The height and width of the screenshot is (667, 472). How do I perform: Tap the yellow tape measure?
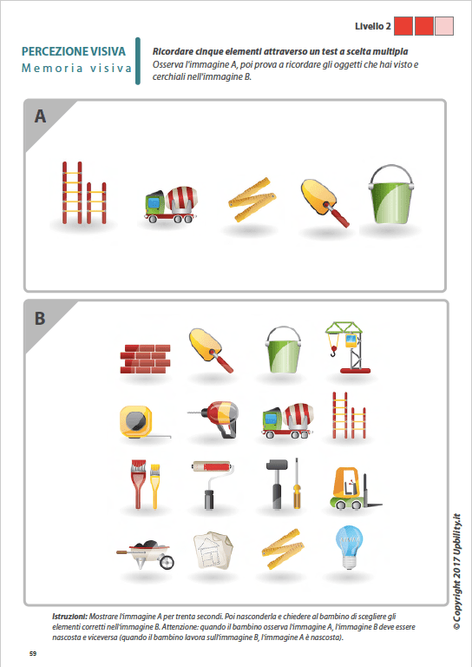(138, 421)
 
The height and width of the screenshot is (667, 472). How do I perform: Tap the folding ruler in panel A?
(251, 195)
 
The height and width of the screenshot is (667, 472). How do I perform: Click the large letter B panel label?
(40, 319)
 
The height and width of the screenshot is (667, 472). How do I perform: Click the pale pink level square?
(444, 25)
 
